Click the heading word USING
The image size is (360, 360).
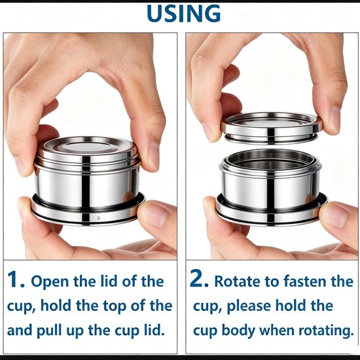coord(184,13)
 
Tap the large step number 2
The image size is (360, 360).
coord(199,279)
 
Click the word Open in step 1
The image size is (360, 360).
coord(50,282)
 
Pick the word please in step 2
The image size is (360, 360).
coord(249,307)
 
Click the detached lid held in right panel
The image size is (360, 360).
coord(272,128)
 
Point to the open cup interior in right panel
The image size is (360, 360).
coord(270,161)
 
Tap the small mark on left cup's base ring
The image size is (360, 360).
coord(99,218)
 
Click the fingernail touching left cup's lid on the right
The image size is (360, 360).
coord(154,156)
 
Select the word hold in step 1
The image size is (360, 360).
coord(56,306)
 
